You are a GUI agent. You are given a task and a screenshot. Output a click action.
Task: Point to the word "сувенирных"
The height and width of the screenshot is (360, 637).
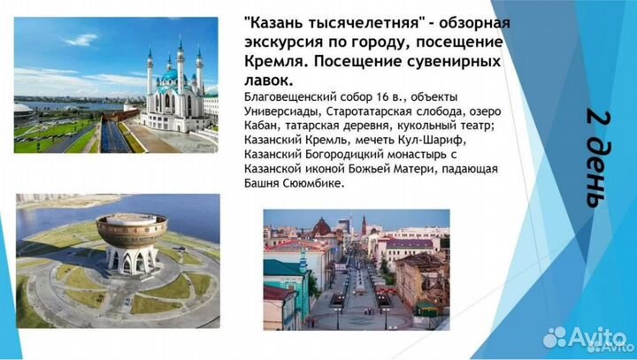[451, 64]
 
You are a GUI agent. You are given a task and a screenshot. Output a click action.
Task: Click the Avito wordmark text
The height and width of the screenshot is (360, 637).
[600, 336]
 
